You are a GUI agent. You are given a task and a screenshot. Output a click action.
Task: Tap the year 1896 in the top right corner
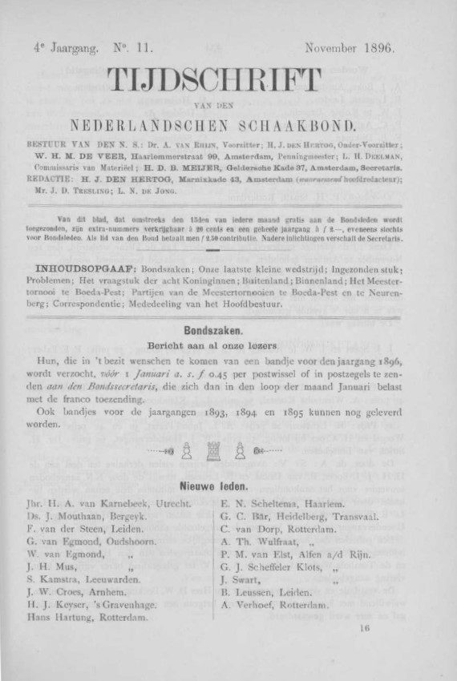pyautogui.click(x=375, y=49)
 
